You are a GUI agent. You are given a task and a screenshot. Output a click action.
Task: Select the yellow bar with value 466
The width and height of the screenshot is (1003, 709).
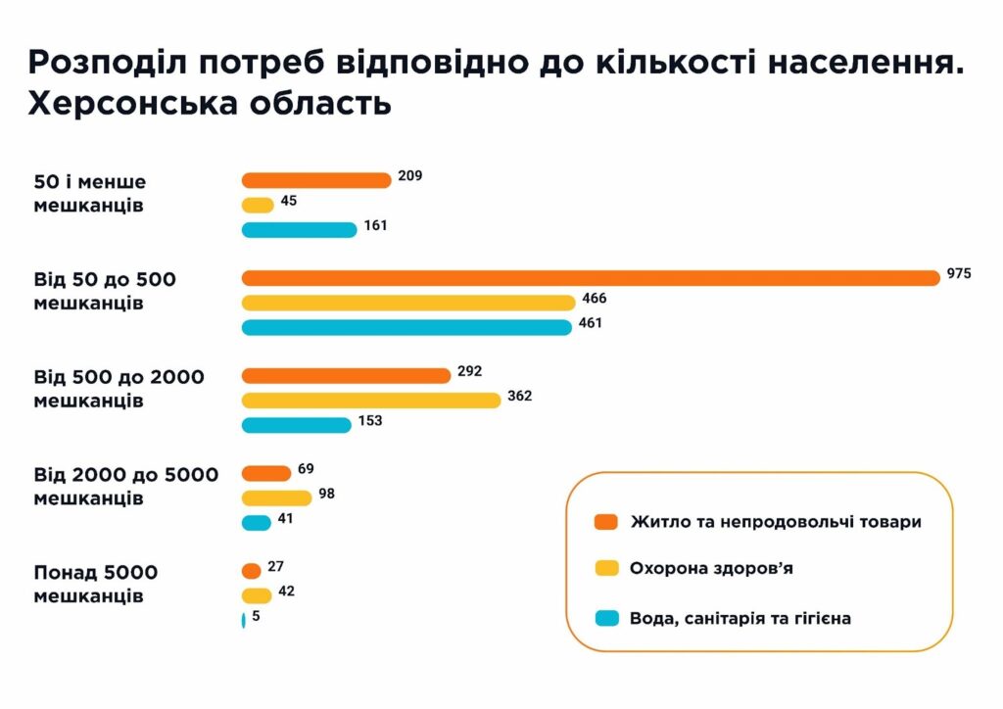(409, 303)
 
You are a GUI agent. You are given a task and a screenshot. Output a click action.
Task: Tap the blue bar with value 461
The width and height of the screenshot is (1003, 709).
(406, 327)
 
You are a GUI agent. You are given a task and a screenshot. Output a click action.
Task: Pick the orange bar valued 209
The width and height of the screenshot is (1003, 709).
(316, 180)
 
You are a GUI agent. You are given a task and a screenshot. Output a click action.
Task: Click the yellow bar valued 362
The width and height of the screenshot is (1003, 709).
(371, 400)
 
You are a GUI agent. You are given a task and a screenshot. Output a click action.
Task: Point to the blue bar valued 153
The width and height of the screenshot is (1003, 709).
(296, 425)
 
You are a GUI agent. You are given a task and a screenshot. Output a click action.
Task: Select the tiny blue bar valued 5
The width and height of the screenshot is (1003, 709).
(243, 619)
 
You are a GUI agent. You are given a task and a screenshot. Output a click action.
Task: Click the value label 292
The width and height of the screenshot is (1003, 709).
(470, 372)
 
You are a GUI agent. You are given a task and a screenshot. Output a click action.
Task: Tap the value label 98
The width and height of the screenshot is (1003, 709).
(326, 494)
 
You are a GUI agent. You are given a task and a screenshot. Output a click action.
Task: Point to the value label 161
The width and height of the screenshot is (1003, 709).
(376, 225)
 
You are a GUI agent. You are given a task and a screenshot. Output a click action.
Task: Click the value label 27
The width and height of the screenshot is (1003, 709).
(275, 566)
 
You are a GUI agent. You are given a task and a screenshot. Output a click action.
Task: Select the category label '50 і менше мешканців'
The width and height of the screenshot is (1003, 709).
(89, 193)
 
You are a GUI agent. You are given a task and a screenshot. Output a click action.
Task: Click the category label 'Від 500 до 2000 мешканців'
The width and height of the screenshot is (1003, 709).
(119, 389)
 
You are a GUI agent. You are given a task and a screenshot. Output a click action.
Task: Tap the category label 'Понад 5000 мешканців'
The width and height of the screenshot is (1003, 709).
(96, 584)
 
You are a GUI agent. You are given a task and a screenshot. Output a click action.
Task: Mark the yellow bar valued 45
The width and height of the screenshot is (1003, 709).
(258, 205)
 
